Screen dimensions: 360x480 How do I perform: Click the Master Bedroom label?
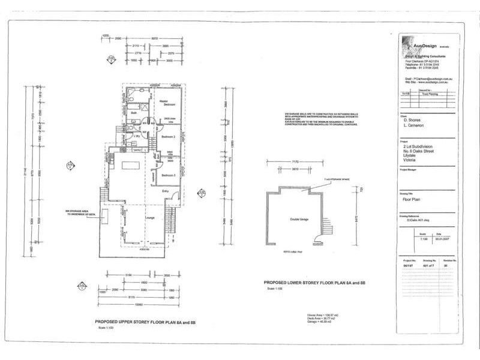tap(162, 103)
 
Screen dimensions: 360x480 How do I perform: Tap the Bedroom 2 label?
tap(167, 137)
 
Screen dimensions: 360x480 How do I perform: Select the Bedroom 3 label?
tap(167, 175)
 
